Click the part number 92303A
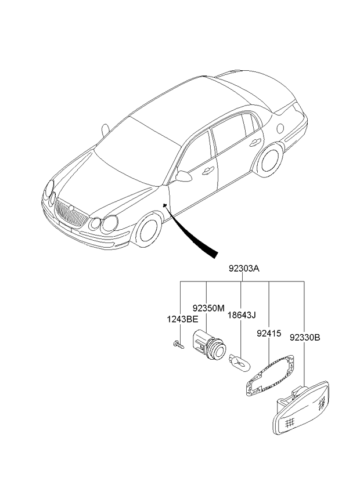coord(243,270)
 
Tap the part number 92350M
coord(208,308)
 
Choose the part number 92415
coord(268,334)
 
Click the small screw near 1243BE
coord(178,345)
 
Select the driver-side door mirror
coord(183,176)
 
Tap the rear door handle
coord(253,143)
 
